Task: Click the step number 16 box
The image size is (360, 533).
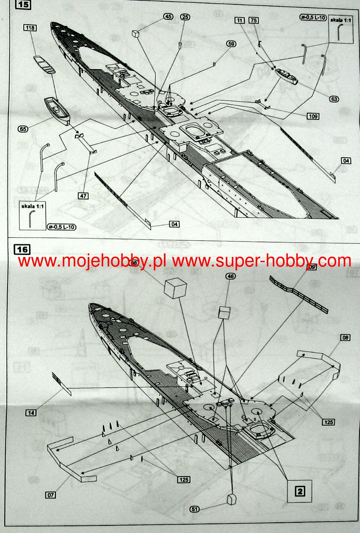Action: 22,249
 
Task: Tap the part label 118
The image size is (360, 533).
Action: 30,27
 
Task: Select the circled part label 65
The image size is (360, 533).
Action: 23,129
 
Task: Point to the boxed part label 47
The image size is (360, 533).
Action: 83,196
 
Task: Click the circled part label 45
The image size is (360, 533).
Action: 168,16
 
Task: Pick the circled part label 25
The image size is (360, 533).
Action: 185,17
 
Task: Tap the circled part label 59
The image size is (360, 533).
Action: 231,44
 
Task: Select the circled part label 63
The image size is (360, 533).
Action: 334,98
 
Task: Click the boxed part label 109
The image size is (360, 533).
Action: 313,116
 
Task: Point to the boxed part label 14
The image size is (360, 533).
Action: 31,413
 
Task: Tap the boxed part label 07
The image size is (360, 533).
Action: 51,495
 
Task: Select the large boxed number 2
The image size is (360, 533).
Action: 300,491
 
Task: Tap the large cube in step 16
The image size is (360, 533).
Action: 175,287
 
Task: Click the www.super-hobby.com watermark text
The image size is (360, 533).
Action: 262,261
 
